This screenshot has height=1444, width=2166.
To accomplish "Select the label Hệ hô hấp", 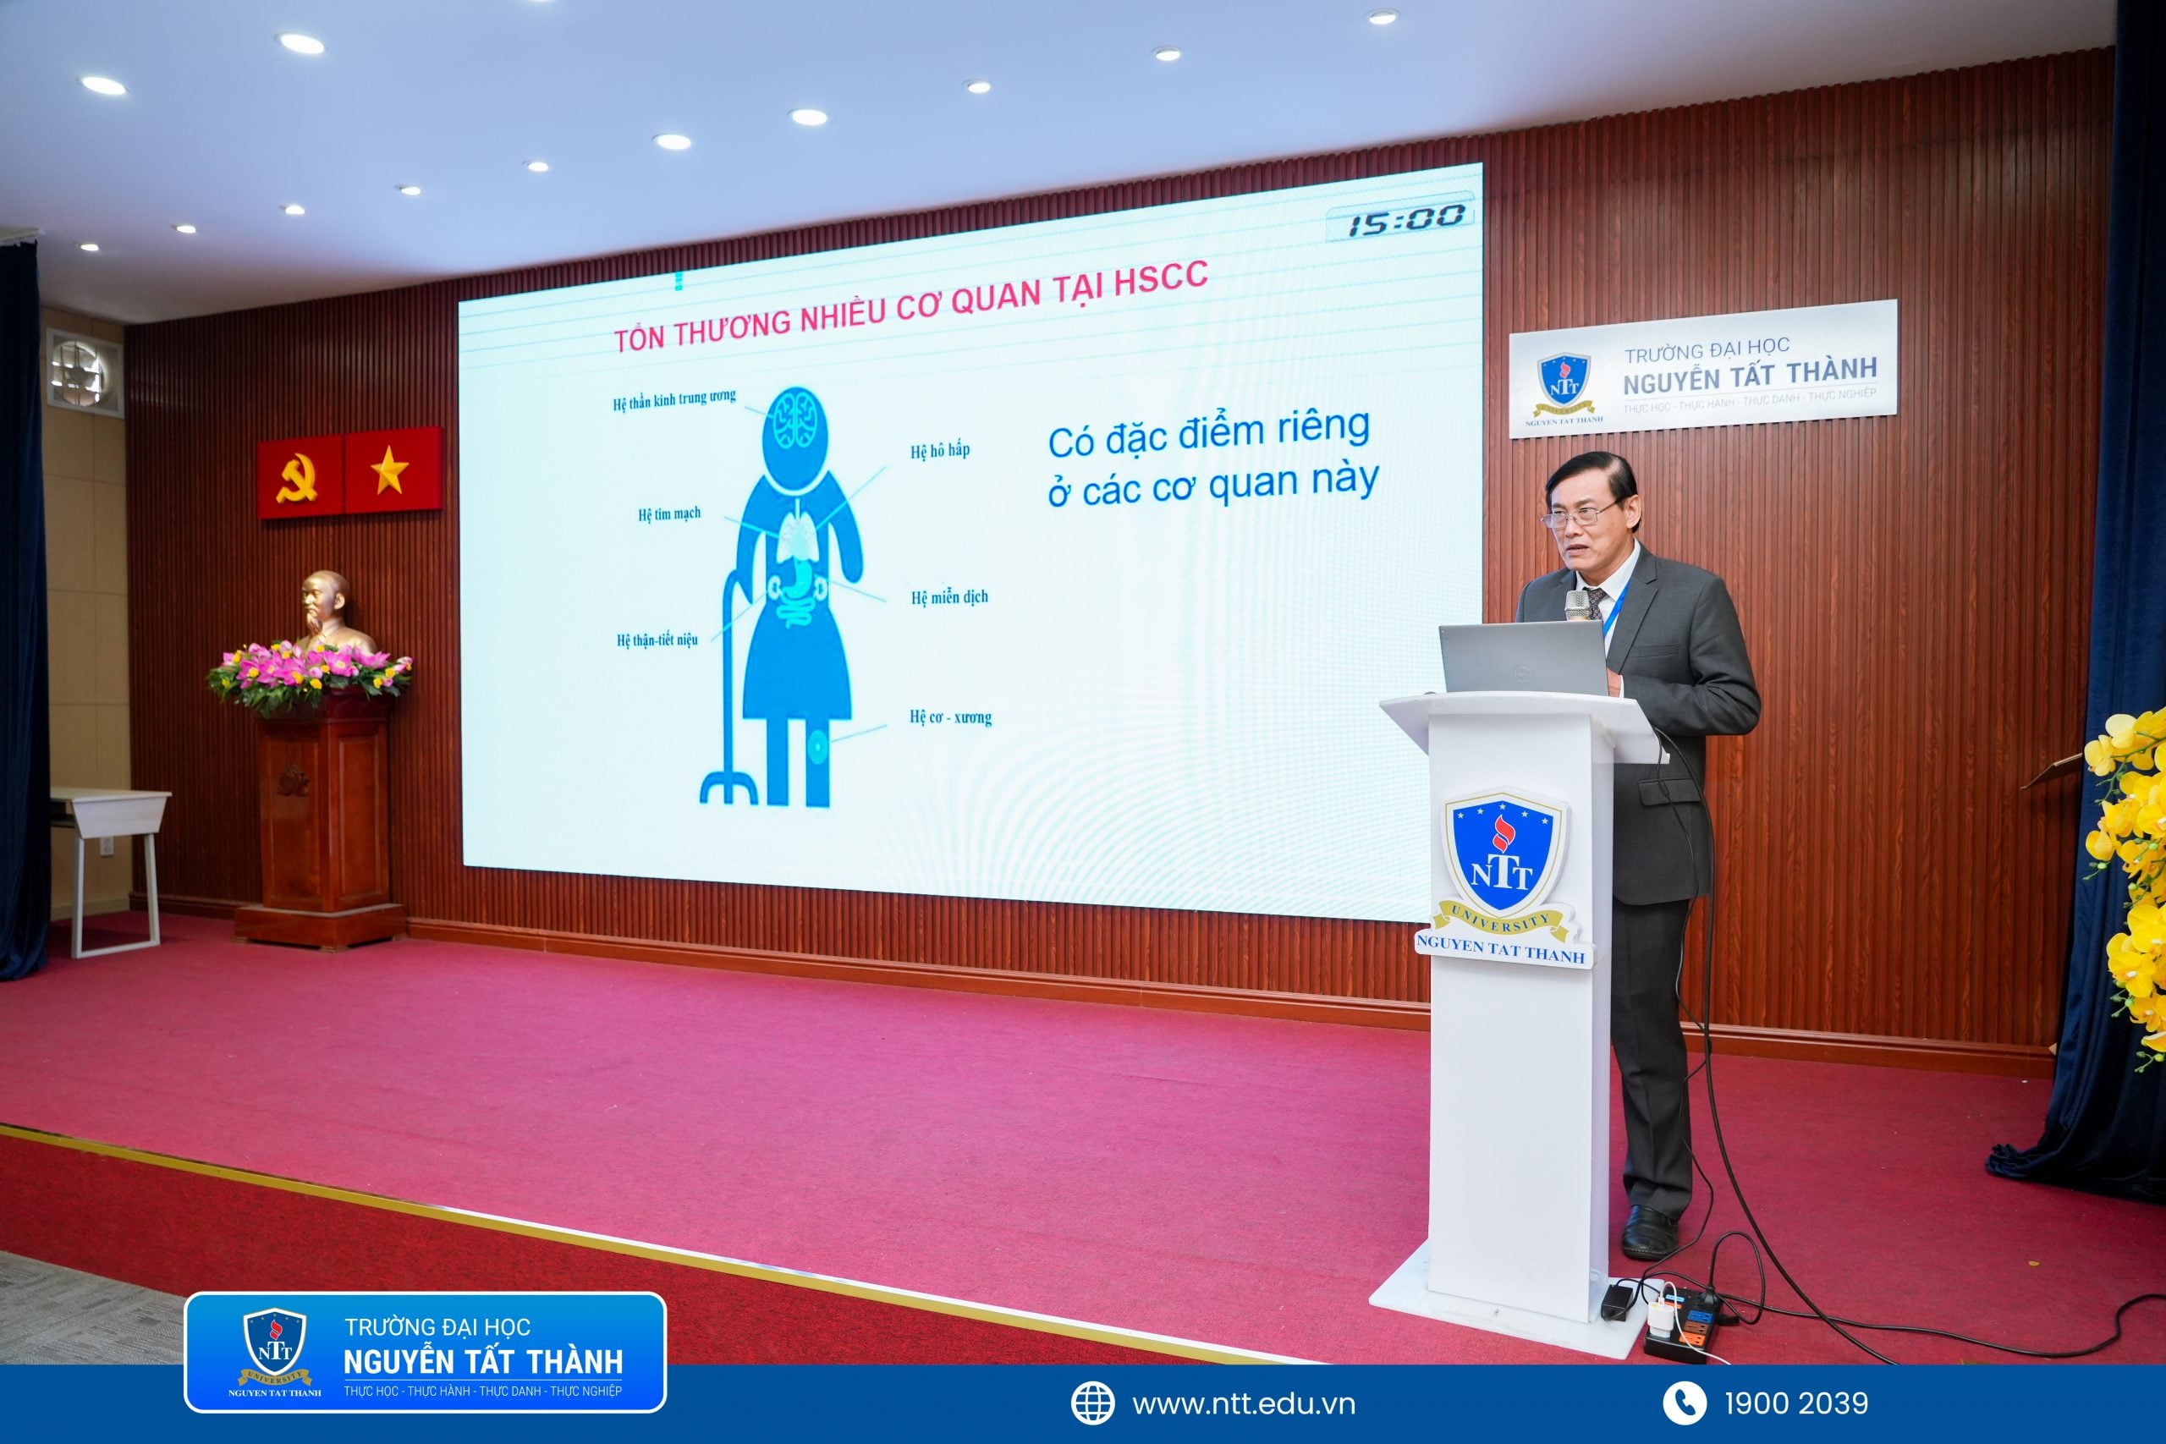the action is click(x=939, y=450).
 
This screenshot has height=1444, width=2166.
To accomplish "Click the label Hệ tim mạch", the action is click(x=668, y=513).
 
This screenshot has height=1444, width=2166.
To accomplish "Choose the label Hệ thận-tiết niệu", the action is click(x=657, y=640).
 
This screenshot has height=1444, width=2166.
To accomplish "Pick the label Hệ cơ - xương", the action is click(x=950, y=717).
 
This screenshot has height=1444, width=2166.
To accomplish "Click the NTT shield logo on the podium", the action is click(x=1502, y=856).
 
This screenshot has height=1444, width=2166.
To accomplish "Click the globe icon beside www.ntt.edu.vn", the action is click(x=1092, y=1403).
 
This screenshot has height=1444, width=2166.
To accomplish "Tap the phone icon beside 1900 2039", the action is click(x=1685, y=1403).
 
